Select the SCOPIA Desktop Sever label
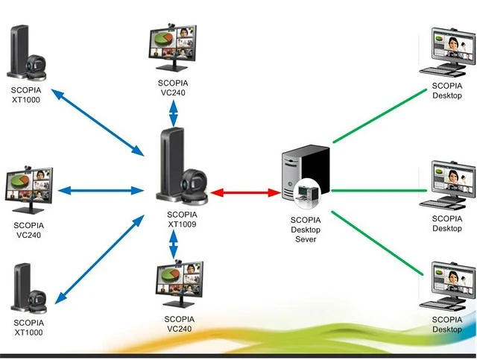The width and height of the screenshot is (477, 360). (306, 230)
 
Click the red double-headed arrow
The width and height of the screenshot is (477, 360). (245, 192)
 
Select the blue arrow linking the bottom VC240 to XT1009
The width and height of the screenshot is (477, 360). (174, 245)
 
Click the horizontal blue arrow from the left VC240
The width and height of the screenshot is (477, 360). (100, 190)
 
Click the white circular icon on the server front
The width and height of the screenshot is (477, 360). (305, 193)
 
